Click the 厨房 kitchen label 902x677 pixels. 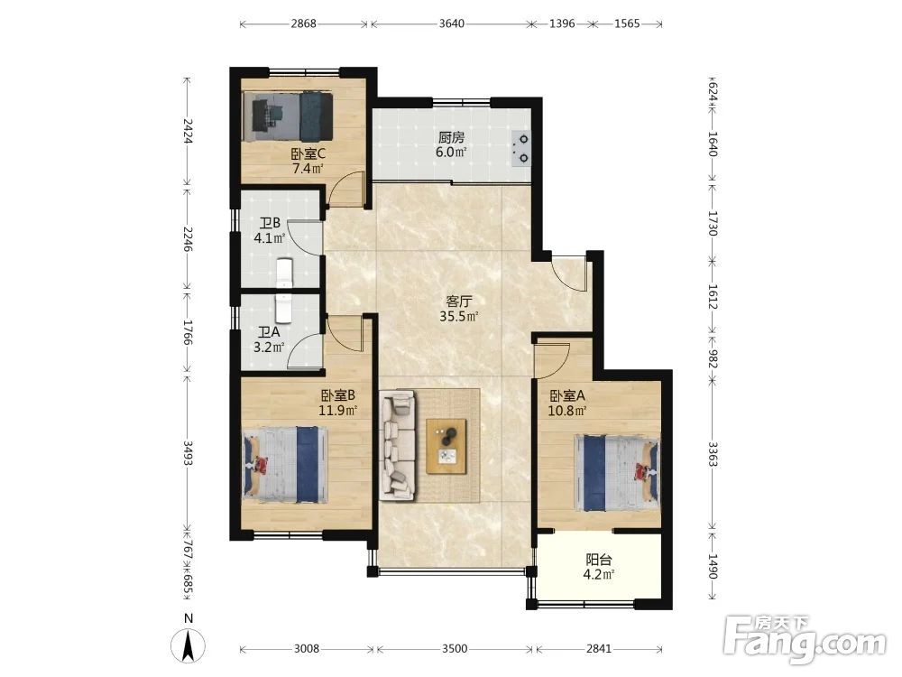click(451, 137)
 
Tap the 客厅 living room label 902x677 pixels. click(459, 301)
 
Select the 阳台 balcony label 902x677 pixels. click(598, 559)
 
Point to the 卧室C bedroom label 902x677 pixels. click(308, 154)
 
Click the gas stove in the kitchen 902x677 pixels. click(520, 149)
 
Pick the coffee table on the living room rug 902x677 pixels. click(446, 446)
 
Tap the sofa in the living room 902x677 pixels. click(398, 446)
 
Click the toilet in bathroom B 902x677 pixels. click(285, 273)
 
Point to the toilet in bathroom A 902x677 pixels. click(284, 309)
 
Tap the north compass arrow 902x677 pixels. click(189, 646)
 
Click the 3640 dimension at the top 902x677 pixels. click(452, 23)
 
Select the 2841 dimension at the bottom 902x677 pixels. click(598, 649)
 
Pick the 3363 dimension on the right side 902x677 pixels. click(713, 454)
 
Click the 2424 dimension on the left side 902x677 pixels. click(187, 131)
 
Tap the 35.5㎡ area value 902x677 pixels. click(459, 316)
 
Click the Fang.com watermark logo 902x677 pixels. click(805, 639)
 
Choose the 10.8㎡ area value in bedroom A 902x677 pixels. click(567, 411)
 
